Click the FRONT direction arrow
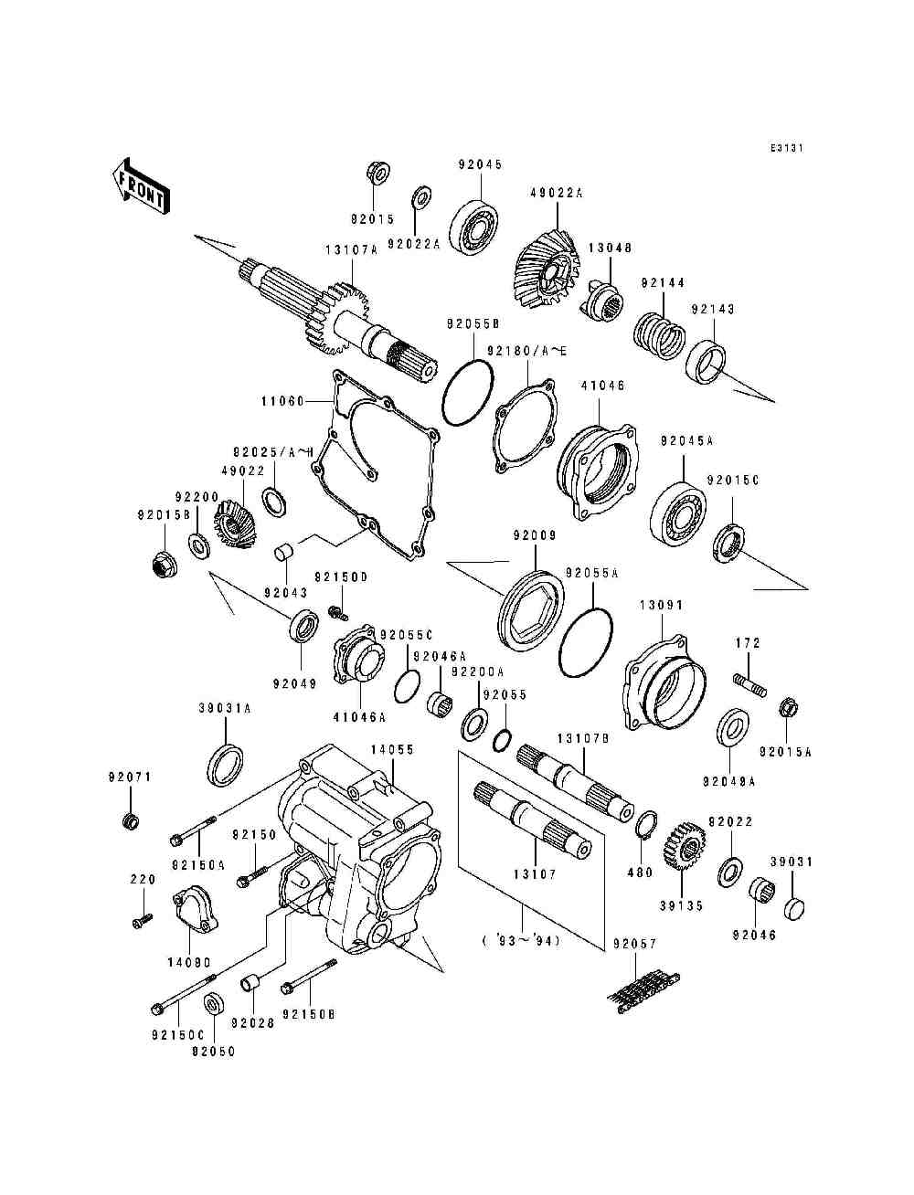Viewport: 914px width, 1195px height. pos(141,186)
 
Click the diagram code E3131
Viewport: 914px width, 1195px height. pos(787,148)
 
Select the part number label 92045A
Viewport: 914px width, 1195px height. pos(686,440)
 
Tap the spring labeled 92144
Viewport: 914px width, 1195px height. pos(659,332)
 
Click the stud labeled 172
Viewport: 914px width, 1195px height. pos(750,685)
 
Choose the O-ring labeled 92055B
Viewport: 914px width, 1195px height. pos(469,392)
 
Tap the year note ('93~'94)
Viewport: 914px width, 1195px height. pos(521,940)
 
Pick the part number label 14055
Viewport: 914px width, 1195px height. pos(392,749)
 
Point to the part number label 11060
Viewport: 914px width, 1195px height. pos(282,401)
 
